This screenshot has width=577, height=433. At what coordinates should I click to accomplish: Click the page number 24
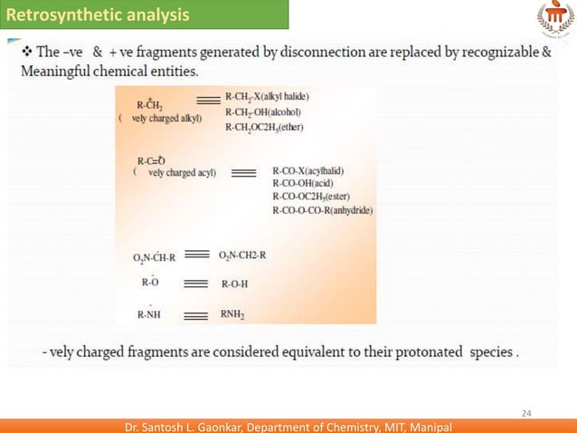coord(525,414)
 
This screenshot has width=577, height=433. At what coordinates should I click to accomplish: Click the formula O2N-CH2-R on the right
coord(242,255)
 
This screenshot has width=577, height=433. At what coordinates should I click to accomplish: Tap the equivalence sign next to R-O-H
coord(196,284)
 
